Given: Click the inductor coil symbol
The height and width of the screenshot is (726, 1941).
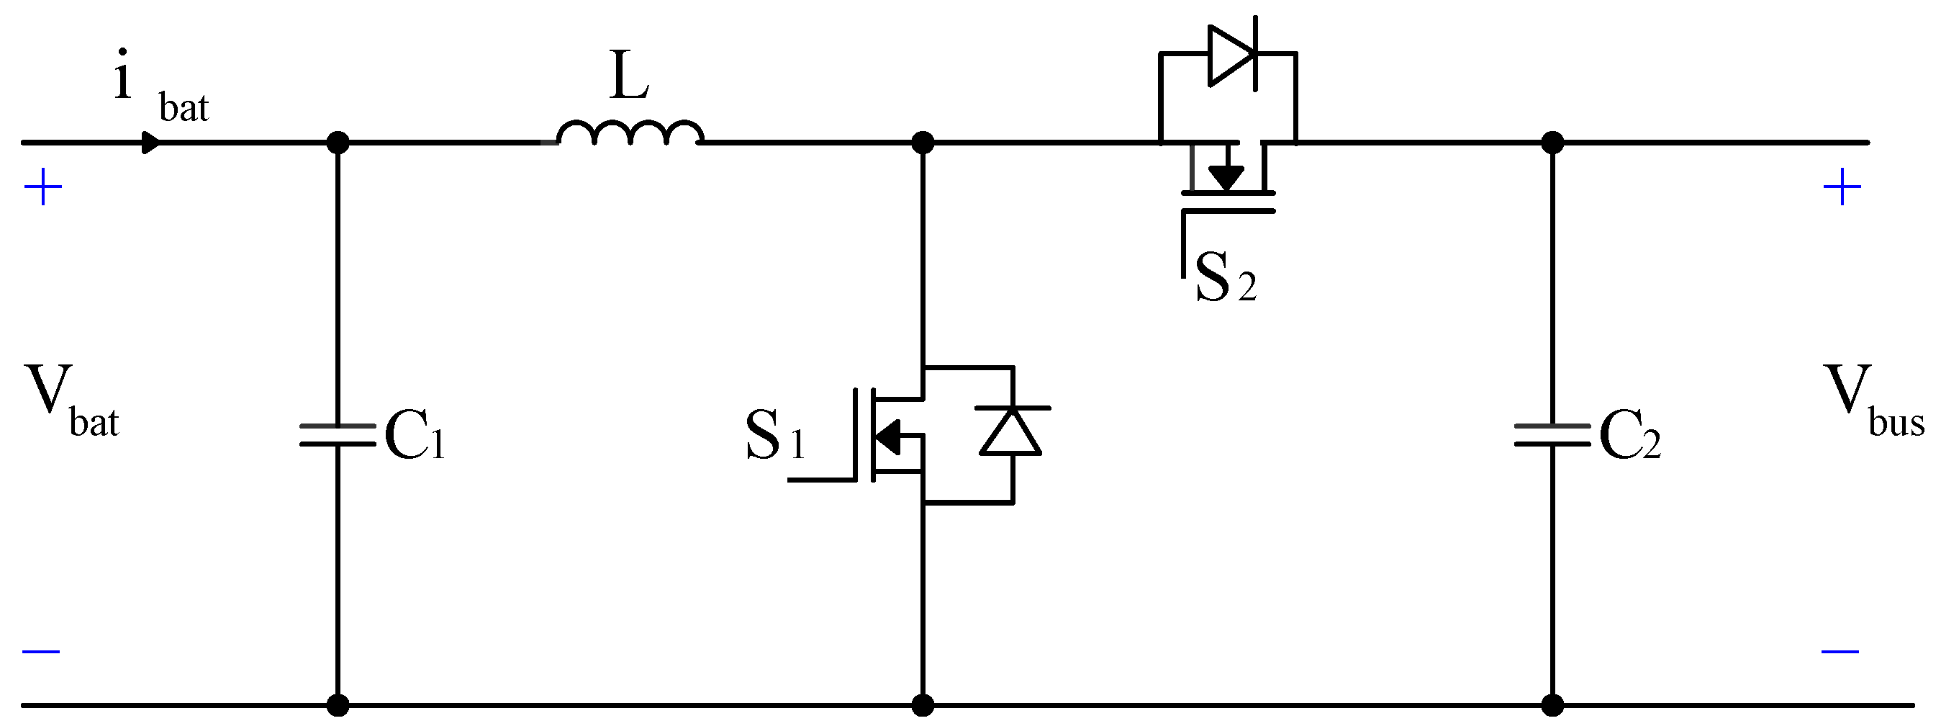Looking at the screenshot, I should pos(630,133).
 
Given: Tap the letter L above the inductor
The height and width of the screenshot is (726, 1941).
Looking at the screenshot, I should pos(629,77).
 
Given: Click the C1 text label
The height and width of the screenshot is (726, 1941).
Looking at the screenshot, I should pos(415,436).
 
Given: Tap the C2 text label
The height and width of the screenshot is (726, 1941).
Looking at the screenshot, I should pos(1629,436).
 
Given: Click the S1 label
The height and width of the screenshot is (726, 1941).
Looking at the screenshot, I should pos(774,436).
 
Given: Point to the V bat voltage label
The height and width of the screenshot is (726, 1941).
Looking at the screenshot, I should pos(71,401).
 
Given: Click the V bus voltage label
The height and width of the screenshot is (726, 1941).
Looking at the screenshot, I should pos(1872,401).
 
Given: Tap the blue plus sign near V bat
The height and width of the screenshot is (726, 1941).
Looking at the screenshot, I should pos(43,187).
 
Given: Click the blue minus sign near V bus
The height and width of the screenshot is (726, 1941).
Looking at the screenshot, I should pos(1840,651).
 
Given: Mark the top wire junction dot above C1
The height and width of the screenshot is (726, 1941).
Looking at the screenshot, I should pos(338,143).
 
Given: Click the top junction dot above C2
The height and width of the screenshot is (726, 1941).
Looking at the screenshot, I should pos(1552,143).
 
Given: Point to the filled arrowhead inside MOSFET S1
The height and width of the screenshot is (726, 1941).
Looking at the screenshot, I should pos(887,436).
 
